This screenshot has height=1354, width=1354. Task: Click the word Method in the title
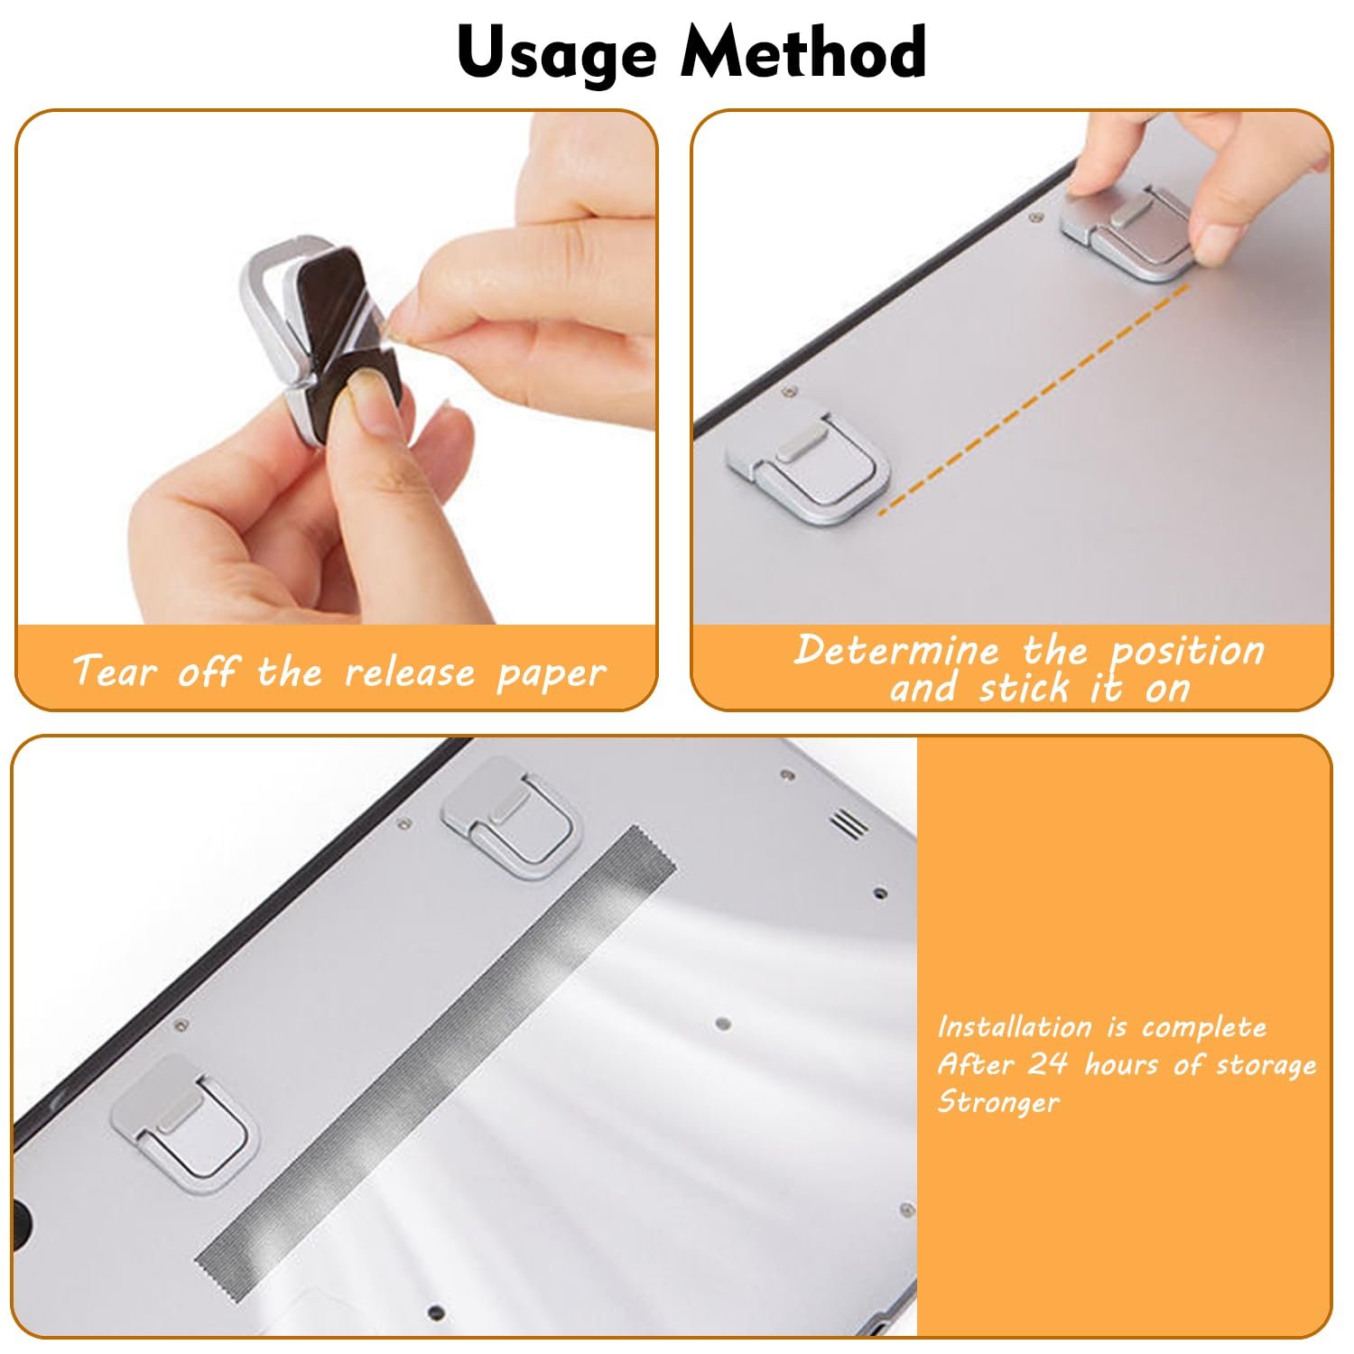tap(803, 51)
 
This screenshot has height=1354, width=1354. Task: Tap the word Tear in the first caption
tap(115, 671)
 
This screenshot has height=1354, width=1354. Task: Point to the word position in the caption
tap(1187, 652)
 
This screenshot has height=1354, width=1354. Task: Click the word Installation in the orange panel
tap(1014, 1026)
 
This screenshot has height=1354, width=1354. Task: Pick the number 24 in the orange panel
tap(1047, 1063)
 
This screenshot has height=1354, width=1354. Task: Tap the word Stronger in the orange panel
tap(997, 1102)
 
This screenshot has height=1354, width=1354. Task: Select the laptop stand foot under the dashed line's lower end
tap(806, 461)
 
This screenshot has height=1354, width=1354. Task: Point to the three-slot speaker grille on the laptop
tap(849, 821)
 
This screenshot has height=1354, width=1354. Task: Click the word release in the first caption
tap(410, 672)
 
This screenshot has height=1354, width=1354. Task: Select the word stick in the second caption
tap(1025, 689)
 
